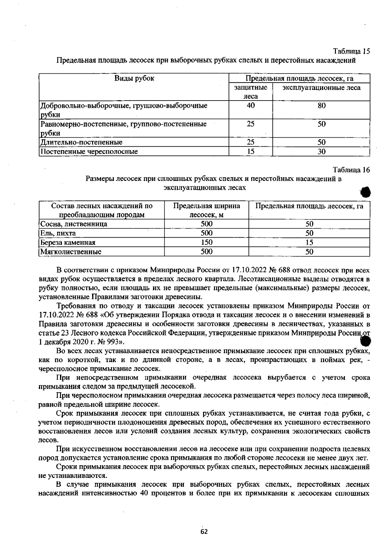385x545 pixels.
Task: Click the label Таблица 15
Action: click(352, 51)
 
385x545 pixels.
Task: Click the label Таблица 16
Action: click(351, 170)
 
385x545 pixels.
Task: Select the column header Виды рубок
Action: click(134, 78)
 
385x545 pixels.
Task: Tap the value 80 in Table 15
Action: click(321, 106)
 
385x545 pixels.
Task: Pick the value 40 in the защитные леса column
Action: click(251, 106)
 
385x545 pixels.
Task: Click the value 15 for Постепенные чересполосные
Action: click(251, 151)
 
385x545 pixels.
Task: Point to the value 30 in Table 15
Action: click(321, 151)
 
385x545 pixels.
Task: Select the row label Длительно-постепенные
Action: click(81, 142)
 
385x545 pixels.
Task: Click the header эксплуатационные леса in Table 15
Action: click(321, 88)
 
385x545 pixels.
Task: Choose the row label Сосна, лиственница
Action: click(74, 224)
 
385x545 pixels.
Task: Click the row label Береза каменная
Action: click(68, 242)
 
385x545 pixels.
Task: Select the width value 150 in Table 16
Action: click(207, 242)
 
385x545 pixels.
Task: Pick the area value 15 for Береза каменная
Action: click(309, 242)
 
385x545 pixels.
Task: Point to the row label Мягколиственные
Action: click(71, 252)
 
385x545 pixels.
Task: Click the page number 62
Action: click(204, 532)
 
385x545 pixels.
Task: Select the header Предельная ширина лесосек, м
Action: click(207, 210)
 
